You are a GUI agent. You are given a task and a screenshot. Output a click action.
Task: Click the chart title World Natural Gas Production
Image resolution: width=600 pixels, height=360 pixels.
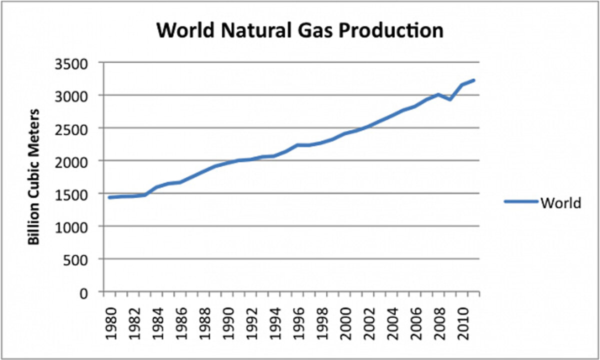[x=300, y=30]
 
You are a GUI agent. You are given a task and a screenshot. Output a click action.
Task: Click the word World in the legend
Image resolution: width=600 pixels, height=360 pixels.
[x=560, y=203]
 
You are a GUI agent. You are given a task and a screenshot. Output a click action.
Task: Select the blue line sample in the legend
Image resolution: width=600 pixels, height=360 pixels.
[x=521, y=202]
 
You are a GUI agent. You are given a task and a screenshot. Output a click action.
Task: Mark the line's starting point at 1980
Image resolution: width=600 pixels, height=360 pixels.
[x=109, y=197]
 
